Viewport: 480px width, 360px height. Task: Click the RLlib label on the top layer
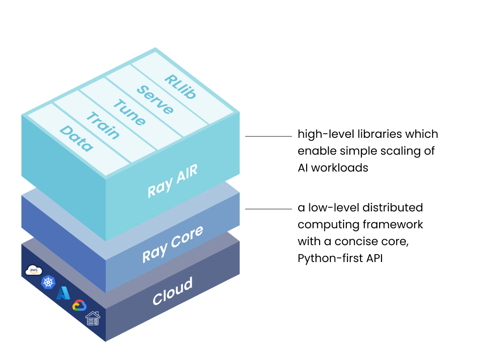[180, 87]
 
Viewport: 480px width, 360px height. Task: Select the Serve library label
[155, 100]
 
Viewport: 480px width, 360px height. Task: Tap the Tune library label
[129, 113]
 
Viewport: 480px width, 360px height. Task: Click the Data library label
[76, 139]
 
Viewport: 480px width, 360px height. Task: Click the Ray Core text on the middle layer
[172, 244]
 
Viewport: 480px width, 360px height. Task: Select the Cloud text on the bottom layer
[172, 291]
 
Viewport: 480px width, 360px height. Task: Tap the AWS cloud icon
[34, 270]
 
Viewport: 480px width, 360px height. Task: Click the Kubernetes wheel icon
[48, 282]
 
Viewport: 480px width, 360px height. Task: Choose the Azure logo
[63, 293]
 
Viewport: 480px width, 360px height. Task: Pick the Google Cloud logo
[79, 306]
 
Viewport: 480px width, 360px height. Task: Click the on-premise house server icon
[92, 319]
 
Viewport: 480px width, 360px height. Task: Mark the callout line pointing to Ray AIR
[269, 136]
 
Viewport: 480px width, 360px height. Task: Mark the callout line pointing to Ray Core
[269, 210]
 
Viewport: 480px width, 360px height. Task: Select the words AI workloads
[333, 167]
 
